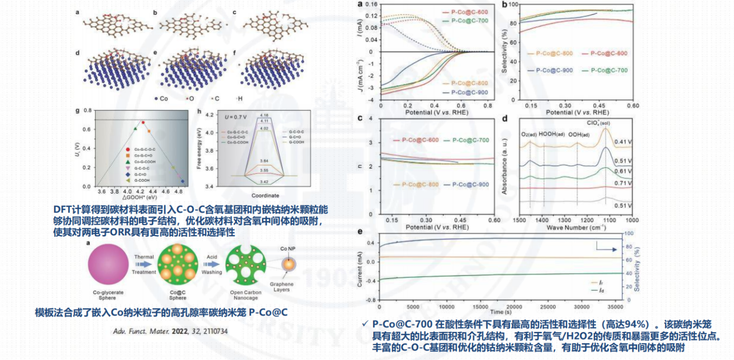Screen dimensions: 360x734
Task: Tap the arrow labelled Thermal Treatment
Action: [144, 265]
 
